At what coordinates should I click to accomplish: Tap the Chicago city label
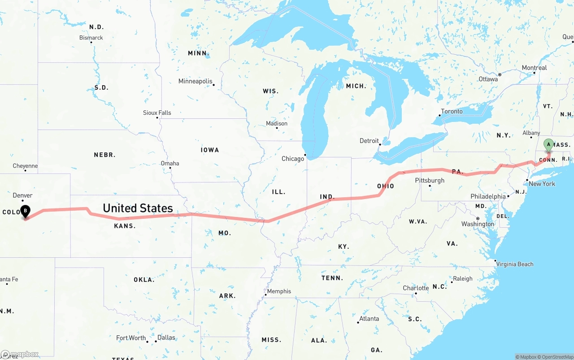292,159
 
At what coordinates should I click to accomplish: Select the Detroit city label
369,141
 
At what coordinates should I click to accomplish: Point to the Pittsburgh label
430,180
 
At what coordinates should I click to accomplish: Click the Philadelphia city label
488,196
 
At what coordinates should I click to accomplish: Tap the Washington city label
478,224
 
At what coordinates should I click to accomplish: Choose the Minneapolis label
195,81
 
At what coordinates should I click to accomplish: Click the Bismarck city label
91,38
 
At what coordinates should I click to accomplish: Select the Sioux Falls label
157,113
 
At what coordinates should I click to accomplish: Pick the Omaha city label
170,163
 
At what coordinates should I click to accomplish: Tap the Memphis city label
279,291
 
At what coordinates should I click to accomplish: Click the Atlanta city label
369,318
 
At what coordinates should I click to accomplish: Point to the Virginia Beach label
515,264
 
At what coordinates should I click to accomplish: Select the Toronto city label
452,111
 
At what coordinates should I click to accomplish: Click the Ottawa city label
488,79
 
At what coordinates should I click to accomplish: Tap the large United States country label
138,208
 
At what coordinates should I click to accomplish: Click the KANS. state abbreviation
125,226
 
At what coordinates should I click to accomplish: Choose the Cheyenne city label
25,166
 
